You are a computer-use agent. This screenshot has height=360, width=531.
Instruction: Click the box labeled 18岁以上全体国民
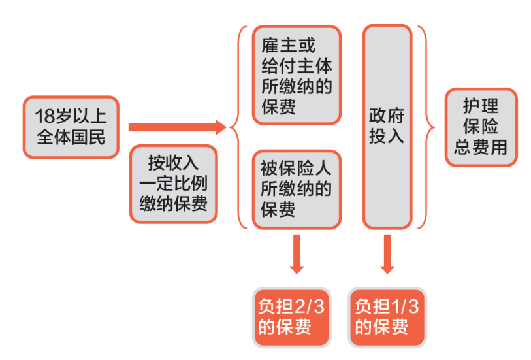(x=71, y=127)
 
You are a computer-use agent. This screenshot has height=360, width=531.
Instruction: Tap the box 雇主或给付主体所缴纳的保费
(x=297, y=75)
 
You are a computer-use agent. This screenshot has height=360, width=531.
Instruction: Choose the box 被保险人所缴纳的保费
(x=297, y=189)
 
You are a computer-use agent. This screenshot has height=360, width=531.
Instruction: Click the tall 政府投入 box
(x=387, y=127)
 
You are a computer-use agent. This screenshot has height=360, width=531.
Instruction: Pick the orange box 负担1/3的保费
(x=387, y=316)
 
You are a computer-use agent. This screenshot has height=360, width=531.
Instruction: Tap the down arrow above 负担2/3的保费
(x=297, y=255)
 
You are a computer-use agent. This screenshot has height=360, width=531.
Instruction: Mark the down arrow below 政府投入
(x=387, y=255)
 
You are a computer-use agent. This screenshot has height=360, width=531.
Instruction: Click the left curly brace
(x=240, y=127)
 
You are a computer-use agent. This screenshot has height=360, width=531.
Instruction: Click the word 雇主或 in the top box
(x=288, y=46)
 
